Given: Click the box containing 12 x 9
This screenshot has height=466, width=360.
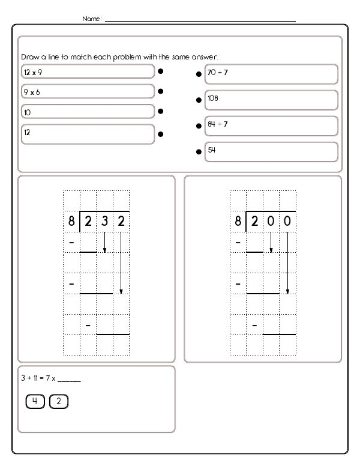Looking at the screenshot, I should pos(88,71).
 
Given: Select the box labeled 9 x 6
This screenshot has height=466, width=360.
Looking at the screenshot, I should pos(88,91).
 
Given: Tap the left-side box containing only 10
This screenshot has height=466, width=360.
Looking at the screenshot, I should pos(88,112).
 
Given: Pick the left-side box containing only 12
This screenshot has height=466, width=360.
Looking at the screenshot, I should pos(88,133).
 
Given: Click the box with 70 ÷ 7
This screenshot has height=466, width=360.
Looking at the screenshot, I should pos(271,74).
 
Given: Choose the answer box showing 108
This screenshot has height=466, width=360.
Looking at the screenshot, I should pos(271,99).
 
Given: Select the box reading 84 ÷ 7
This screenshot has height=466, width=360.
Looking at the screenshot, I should pos(271,126).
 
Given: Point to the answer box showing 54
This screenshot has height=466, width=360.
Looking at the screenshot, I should pos(271,151).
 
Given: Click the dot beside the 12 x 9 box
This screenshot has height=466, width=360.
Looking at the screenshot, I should pos(161,71).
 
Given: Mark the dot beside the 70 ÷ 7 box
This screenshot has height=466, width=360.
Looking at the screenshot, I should pos(198,75).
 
